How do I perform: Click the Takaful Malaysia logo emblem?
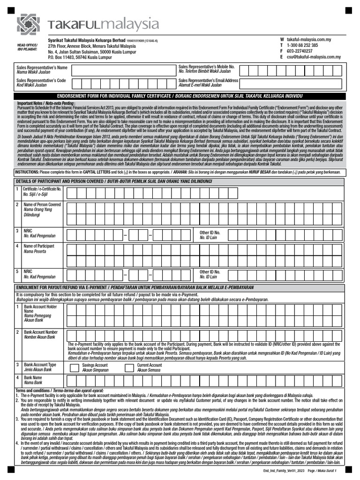pos(29,25)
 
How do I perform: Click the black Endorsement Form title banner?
pos(180,96)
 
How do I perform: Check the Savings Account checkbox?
pos(74,367)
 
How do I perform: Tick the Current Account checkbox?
pos(128,367)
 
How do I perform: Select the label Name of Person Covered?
pos(42,205)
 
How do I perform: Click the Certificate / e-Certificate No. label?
pos(42,188)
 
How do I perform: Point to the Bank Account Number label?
pos(41,332)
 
